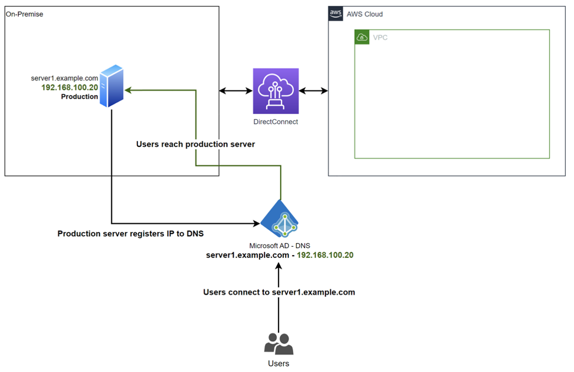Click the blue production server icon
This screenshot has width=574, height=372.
pyautogui.click(x=112, y=86)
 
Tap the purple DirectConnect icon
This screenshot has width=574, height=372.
pyautogui.click(x=276, y=91)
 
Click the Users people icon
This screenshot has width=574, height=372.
pyautogui.click(x=278, y=343)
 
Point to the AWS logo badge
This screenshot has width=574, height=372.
pyautogui.click(x=335, y=14)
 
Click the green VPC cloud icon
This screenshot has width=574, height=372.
pyautogui.click(x=362, y=38)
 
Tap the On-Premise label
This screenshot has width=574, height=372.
pyautogui.click(x=24, y=14)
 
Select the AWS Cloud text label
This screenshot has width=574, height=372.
pyautogui.click(x=365, y=14)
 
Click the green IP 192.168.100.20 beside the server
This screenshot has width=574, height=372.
pyautogui.click(x=69, y=88)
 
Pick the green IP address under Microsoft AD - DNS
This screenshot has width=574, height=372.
pyautogui.click(x=325, y=255)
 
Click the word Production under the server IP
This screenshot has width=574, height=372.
pyautogui.click(x=79, y=96)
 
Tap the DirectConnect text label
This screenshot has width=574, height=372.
pyautogui.click(x=276, y=122)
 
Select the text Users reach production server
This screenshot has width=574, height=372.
pyautogui.click(x=196, y=144)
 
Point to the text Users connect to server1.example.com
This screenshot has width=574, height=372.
pyautogui.click(x=279, y=292)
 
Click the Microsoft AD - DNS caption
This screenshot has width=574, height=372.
pyautogui.click(x=279, y=246)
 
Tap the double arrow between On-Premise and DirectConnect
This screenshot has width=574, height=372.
pyautogui.click(x=236, y=91)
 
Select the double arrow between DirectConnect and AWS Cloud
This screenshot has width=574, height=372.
pyautogui.click(x=313, y=91)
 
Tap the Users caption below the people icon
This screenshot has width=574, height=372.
pyautogui.click(x=278, y=363)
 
